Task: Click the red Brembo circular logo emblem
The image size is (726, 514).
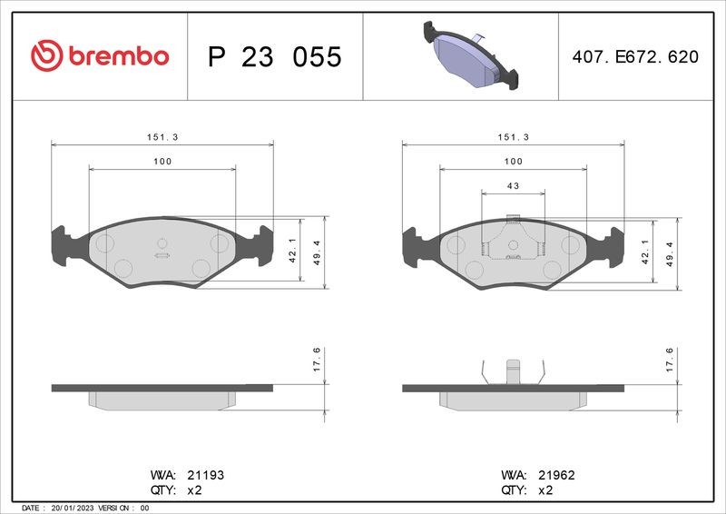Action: pos(46,55)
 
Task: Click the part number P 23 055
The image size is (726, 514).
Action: pos(275,56)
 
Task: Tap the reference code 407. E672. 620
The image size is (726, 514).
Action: pos(635,56)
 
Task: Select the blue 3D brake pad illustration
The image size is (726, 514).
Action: pos(470,54)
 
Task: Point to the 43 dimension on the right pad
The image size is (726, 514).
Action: pos(513,186)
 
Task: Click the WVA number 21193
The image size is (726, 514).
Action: pos(206,475)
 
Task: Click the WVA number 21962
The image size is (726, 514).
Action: pos(556,475)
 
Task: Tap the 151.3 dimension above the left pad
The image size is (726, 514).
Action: pos(162,137)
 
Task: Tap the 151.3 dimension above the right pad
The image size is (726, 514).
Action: pos(514,137)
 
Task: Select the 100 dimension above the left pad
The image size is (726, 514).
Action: pos(162,162)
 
